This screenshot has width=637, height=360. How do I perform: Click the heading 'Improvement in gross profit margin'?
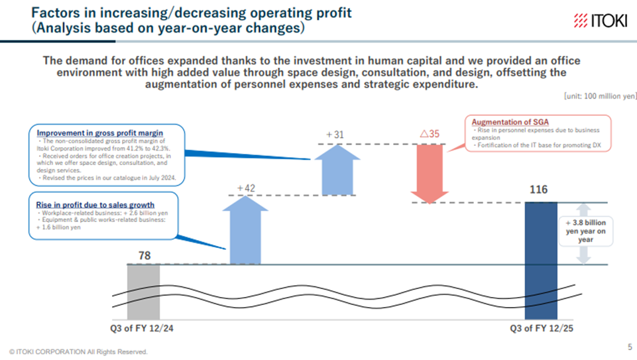[x=100, y=133]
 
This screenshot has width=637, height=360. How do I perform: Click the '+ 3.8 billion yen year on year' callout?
[x=583, y=231]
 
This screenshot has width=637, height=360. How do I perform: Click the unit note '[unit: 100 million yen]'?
[x=599, y=96]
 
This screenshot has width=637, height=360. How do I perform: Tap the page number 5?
[x=629, y=347]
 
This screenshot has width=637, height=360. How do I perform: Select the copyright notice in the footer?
[x=78, y=351]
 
